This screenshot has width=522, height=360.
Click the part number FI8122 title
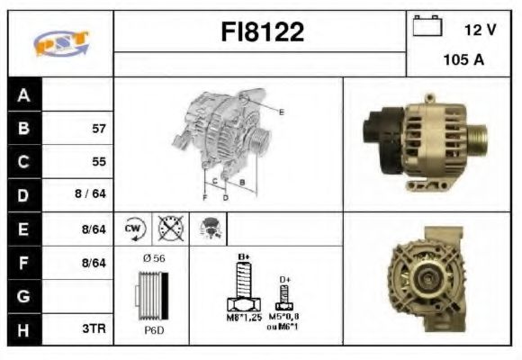click(x=263, y=32)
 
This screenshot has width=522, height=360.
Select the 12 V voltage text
click(x=480, y=30)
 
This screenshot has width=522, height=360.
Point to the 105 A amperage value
click(x=464, y=60)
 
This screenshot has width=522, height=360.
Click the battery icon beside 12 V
click(x=425, y=28)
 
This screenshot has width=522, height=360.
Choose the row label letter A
click(x=23, y=95)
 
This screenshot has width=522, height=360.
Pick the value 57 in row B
click(x=99, y=129)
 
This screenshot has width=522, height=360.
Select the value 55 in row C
click(x=99, y=162)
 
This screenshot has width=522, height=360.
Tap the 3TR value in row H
click(x=94, y=328)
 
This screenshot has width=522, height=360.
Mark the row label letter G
click(x=23, y=295)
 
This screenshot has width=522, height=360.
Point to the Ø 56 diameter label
click(x=154, y=259)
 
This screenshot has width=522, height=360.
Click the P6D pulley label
click(x=153, y=330)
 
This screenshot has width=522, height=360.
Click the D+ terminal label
click(x=284, y=280)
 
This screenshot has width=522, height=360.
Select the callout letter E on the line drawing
click(x=281, y=112)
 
